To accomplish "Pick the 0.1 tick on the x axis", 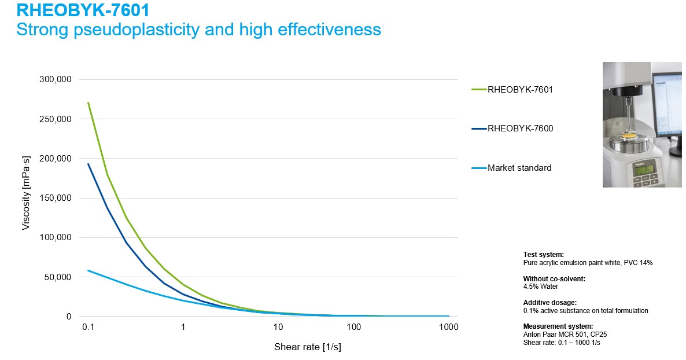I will (88, 327).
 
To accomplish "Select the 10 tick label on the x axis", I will (278, 327).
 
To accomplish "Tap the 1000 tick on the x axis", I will (449, 327).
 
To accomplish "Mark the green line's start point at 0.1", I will (88, 102).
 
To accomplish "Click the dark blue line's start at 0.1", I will (88, 164).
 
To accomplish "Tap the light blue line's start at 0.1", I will (88, 270).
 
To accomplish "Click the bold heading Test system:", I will (543, 255).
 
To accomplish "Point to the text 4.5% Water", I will (540, 286).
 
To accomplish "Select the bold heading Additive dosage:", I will (549, 303).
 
